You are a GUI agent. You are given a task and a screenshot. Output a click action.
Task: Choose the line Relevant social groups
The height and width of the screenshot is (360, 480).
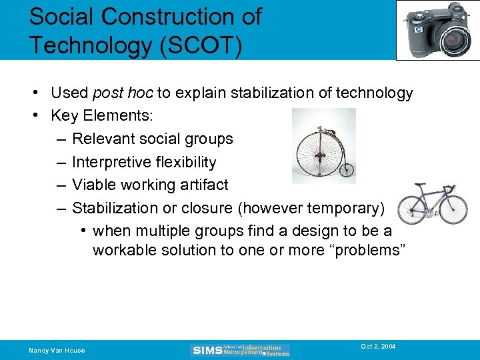coord(152,139)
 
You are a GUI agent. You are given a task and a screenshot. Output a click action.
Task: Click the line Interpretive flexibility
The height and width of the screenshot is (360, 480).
coord(144,162)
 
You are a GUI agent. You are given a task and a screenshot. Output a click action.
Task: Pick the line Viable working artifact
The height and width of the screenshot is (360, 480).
coord(150,185)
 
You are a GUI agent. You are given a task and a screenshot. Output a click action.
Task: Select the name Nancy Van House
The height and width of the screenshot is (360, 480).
coord(57,350)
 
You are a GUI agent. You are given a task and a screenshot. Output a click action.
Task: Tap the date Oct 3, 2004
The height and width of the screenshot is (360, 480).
coord(378,347)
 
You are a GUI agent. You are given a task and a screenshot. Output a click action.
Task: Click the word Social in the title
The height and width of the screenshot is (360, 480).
coord(62,16)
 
